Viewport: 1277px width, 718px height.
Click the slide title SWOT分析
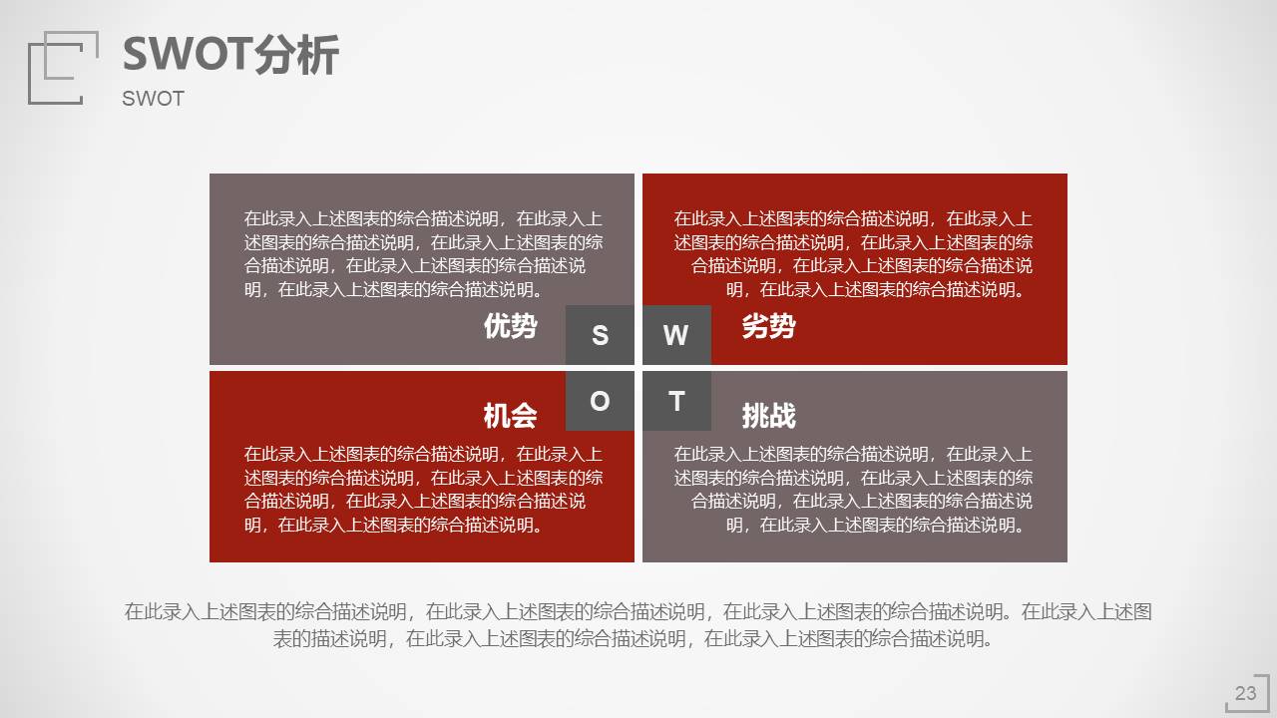click(x=230, y=55)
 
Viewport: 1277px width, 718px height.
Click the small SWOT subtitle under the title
click(x=153, y=99)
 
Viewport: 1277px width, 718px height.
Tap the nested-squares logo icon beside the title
click(x=63, y=67)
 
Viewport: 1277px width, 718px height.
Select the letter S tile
click(x=600, y=335)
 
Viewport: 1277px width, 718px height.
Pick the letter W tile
click(x=676, y=335)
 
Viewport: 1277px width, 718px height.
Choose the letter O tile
click(x=600, y=401)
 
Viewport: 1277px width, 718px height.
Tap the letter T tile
click(x=676, y=401)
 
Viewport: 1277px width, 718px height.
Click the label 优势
click(x=510, y=326)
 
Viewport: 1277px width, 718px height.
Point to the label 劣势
click(x=768, y=326)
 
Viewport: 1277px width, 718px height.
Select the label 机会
click(x=510, y=415)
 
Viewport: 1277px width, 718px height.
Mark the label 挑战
click(x=768, y=415)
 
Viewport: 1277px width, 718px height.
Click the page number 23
click(x=1245, y=693)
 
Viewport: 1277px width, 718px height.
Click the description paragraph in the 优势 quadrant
click(x=423, y=254)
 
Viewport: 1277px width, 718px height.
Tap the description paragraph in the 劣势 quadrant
click(x=854, y=254)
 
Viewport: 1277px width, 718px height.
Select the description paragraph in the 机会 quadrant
click(x=423, y=489)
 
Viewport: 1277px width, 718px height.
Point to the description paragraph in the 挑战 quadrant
click(x=854, y=489)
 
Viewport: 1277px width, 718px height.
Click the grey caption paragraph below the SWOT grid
click(x=638, y=625)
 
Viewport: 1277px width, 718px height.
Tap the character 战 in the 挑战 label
click(x=782, y=415)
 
